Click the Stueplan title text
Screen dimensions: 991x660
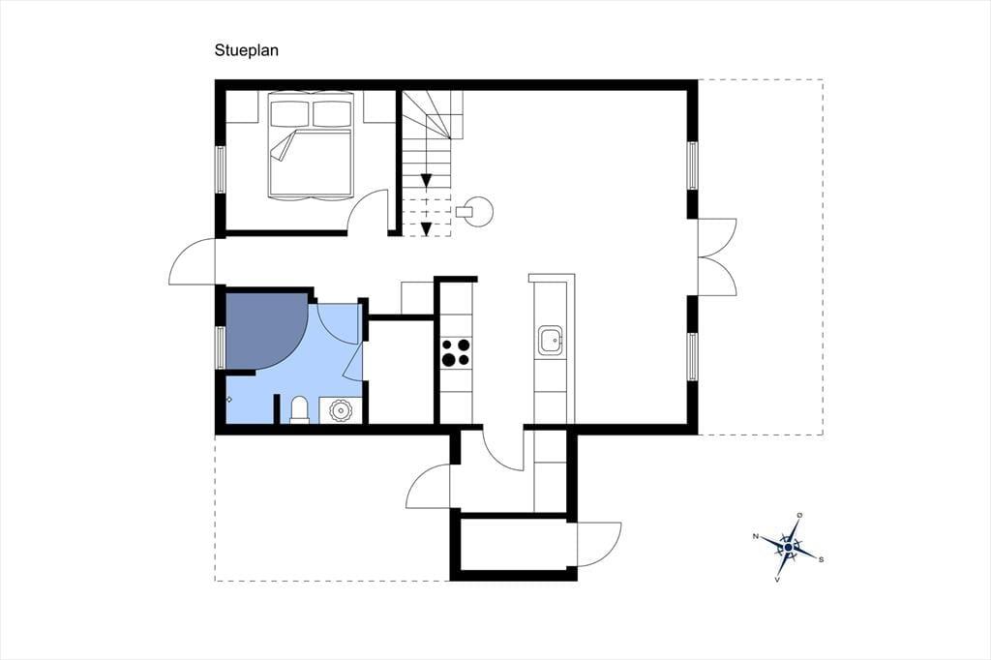[x=247, y=50]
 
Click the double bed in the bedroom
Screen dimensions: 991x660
[x=311, y=146]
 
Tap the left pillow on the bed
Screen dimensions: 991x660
[x=289, y=114]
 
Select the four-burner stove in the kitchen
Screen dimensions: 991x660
[x=457, y=352]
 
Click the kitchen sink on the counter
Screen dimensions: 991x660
[x=551, y=342]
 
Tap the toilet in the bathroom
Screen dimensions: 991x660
[x=299, y=409]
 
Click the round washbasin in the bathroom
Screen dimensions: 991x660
[x=341, y=410]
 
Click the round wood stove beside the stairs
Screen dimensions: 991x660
[x=474, y=211]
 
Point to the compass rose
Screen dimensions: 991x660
[x=788, y=546]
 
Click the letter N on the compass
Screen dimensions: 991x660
[x=755, y=537]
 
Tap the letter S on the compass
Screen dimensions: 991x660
[x=821, y=559]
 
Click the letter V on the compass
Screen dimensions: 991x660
[x=777, y=579]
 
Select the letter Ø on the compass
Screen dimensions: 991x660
[x=799, y=515]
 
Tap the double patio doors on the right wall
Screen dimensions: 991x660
[x=717, y=256]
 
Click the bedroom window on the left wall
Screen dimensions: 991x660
[x=221, y=169]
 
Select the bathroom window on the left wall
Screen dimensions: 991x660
[x=221, y=347]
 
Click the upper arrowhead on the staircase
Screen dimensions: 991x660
[x=427, y=181]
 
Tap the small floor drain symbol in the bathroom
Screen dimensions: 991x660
[x=228, y=399]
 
